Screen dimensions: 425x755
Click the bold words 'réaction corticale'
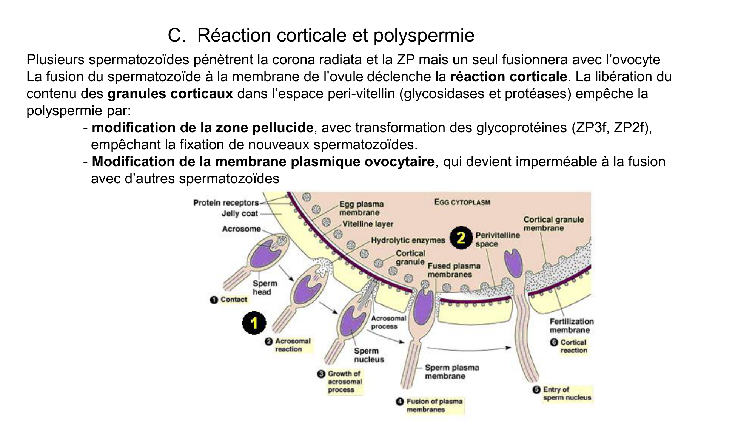click(508, 77)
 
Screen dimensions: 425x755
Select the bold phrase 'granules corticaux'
click(170, 94)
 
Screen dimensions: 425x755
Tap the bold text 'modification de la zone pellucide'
click(202, 128)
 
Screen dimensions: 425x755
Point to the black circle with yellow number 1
click(254, 323)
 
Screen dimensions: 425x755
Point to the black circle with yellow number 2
click(461, 238)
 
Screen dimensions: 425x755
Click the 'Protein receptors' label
click(226, 203)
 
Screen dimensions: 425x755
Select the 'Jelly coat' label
click(240, 213)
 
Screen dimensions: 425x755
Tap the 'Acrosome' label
click(241, 229)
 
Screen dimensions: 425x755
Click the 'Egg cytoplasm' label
click(462, 202)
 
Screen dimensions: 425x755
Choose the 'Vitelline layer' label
click(368, 224)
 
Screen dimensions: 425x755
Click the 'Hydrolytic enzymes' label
click(408, 240)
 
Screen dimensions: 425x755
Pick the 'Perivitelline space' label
click(497, 240)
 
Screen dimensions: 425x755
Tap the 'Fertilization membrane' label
click(571, 326)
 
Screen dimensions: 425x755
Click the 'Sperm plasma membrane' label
click(451, 372)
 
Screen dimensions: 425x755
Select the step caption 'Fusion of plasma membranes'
click(434, 405)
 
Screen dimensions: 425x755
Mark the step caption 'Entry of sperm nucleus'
click(567, 393)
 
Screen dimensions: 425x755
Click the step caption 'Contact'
click(233, 300)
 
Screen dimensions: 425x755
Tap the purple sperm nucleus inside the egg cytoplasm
click(513, 263)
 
